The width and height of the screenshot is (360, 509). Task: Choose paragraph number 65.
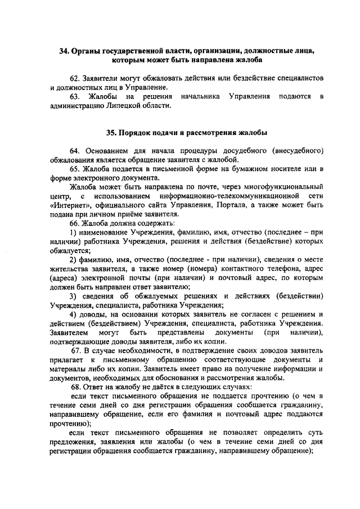point(75,169)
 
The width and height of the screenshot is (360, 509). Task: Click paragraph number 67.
point(77,350)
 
